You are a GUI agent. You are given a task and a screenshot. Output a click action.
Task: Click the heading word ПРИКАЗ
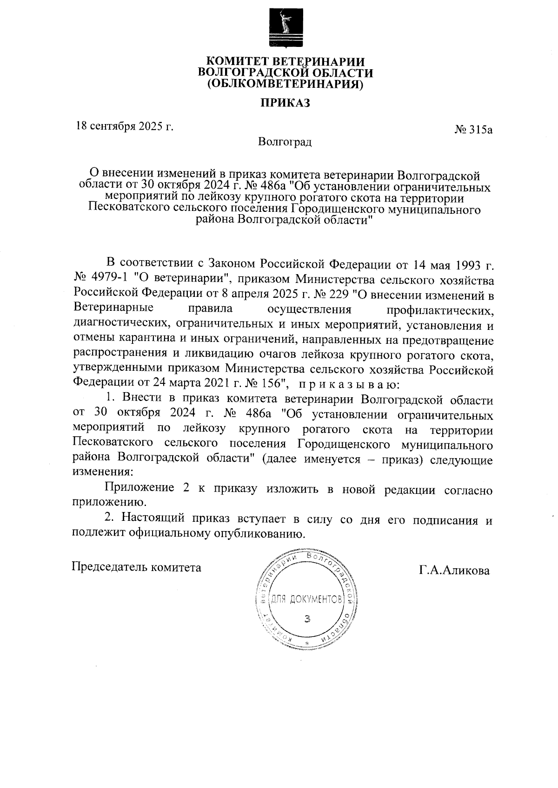coord(285,103)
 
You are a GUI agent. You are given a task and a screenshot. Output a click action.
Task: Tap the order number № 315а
coord(473,130)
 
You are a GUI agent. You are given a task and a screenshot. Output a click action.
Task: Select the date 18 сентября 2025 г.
coord(125,126)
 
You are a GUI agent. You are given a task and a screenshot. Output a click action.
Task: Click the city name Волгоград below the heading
coord(285,142)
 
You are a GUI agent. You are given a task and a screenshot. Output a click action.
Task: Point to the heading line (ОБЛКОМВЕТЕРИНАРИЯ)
coord(285,85)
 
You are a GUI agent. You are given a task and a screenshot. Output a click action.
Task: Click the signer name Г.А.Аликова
coord(454,571)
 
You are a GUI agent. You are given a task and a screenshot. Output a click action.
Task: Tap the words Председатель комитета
coord(136,567)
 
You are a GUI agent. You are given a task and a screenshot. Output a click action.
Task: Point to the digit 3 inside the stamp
coord(306,618)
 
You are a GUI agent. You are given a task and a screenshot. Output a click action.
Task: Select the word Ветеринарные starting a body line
coord(114,309)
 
